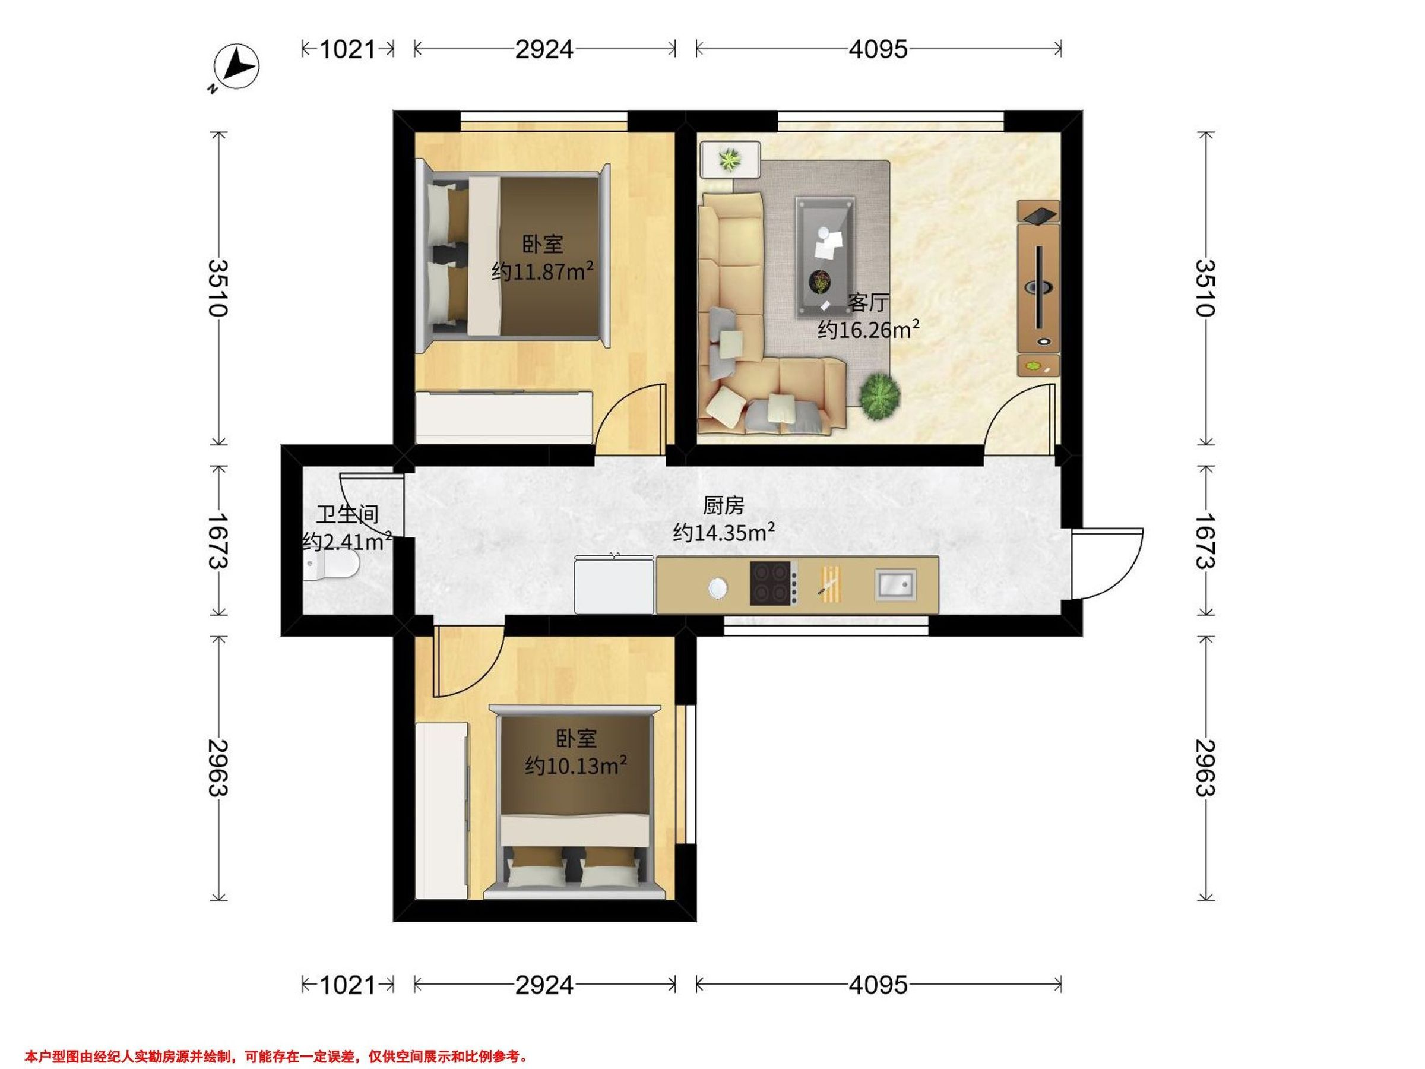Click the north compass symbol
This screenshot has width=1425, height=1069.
pyautogui.click(x=237, y=67)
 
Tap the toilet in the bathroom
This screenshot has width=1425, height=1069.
pyautogui.click(x=331, y=568)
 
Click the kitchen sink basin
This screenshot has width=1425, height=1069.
pyautogui.click(x=895, y=584)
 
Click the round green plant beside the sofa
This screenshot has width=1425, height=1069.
pyautogui.click(x=879, y=396)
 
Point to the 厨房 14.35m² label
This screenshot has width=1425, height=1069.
pyautogui.click(x=723, y=520)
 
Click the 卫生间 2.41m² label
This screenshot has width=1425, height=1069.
pyautogui.click(x=347, y=529)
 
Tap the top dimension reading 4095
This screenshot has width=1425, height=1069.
pyautogui.click(x=878, y=49)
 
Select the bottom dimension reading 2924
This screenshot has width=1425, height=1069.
pyautogui.click(x=544, y=985)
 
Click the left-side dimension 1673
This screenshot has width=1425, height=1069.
pyautogui.click(x=219, y=540)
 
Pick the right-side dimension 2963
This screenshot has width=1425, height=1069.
pyautogui.click(x=1205, y=767)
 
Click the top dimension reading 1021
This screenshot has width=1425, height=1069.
pyautogui.click(x=347, y=49)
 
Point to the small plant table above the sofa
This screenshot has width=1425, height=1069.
pyautogui.click(x=730, y=159)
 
